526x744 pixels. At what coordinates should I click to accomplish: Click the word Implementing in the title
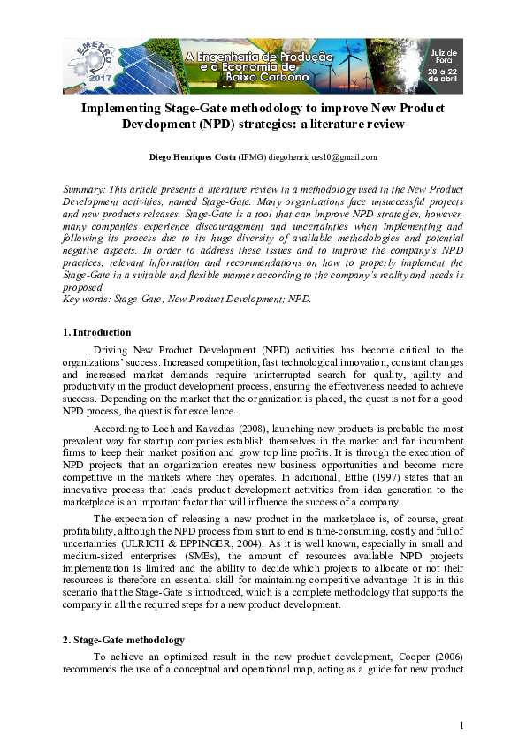click(118, 108)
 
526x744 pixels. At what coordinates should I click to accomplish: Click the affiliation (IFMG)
click(251, 156)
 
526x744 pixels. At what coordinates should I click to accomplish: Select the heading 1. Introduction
click(97, 332)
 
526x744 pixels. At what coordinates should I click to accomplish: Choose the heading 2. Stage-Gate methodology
click(124, 640)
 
